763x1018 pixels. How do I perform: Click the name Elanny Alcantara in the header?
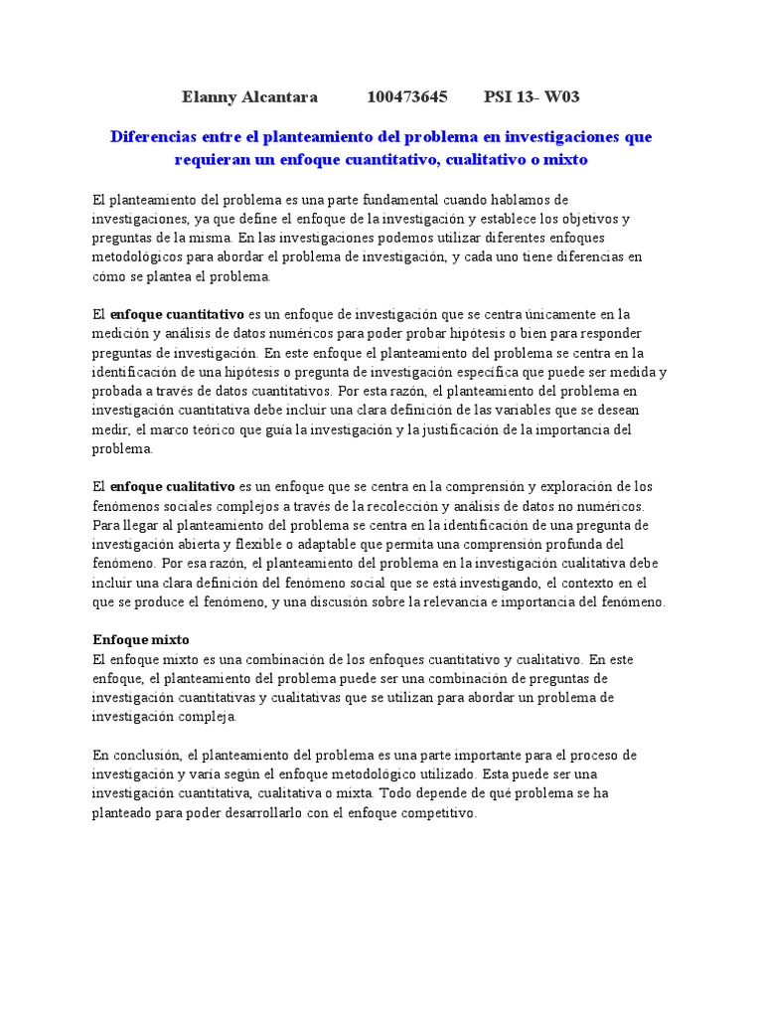click(x=249, y=96)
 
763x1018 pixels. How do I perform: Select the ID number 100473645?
click(x=407, y=96)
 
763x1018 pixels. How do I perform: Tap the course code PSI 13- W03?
click(x=532, y=96)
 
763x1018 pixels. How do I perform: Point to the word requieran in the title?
click(x=216, y=158)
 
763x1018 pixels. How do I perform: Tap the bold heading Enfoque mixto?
click(x=140, y=639)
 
